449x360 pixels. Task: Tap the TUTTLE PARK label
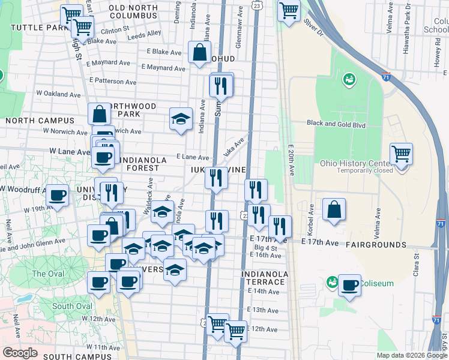click(x=37, y=28)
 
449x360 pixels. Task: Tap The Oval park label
click(x=47, y=274)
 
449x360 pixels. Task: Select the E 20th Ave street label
click(x=291, y=160)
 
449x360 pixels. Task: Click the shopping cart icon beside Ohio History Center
click(x=400, y=154)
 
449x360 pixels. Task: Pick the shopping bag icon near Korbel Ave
click(x=334, y=209)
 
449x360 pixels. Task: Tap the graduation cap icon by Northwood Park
click(x=181, y=118)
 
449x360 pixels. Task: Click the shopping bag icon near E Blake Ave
click(x=199, y=52)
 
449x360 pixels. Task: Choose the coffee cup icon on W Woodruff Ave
click(x=58, y=196)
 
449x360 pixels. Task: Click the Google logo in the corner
click(x=19, y=352)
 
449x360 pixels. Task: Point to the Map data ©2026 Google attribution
click(x=411, y=355)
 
